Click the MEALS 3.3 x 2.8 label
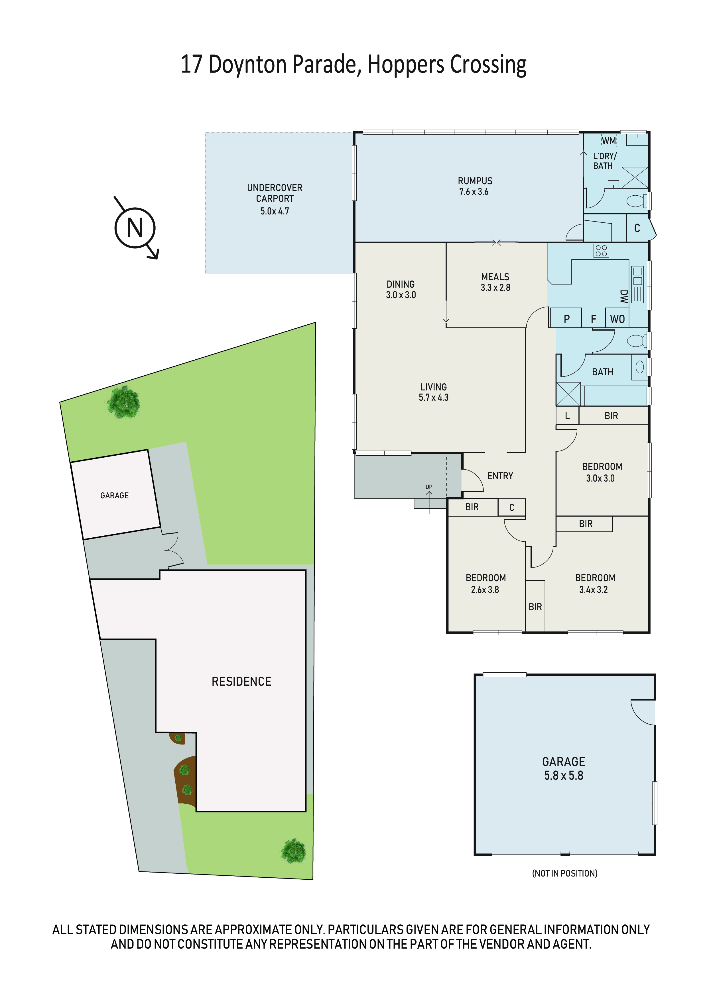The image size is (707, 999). click(495, 282)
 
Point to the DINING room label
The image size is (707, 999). click(401, 289)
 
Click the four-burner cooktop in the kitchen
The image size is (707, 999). click(601, 251)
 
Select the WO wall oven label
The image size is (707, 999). click(617, 319)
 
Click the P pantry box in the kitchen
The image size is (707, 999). click(566, 318)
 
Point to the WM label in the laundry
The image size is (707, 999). click(609, 141)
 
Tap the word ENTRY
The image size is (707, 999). click(500, 476)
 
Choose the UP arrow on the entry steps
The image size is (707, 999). click(429, 503)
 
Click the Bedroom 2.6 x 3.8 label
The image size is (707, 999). click(486, 584)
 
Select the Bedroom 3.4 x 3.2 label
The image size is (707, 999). click(595, 584)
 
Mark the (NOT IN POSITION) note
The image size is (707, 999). click(564, 873)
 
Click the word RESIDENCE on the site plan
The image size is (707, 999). click(241, 681)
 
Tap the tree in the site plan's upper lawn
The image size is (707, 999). click(124, 402)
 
